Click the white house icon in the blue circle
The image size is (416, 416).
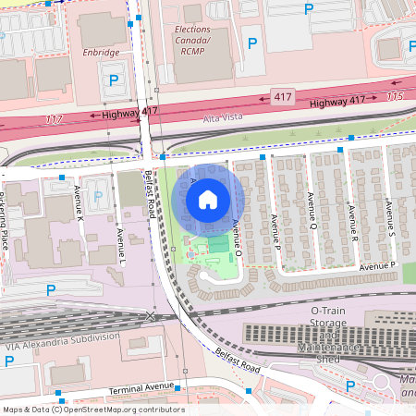(x=208, y=200)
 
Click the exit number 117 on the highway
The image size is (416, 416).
(x=54, y=119)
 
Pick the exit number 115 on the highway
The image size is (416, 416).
(x=395, y=96)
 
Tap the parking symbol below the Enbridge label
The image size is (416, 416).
(x=114, y=80)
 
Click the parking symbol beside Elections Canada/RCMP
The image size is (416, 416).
(x=251, y=43)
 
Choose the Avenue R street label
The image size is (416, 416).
(x=353, y=221)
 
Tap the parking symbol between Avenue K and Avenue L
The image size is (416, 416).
(x=98, y=195)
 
